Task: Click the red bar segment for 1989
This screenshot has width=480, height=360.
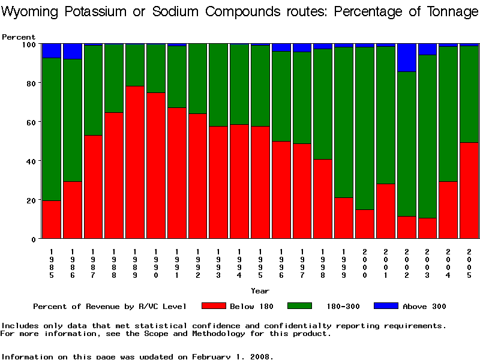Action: click(135, 162)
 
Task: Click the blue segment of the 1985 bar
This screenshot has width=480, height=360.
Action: click(52, 50)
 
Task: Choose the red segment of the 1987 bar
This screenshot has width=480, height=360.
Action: click(93, 187)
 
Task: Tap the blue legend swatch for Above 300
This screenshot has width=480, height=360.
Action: click(386, 306)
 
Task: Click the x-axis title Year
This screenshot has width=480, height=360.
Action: click(260, 291)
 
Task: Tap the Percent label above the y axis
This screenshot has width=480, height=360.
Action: click(19, 37)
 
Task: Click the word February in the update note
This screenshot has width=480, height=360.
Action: click(214, 356)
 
